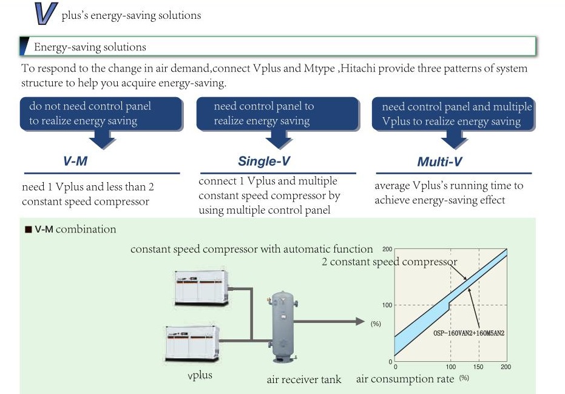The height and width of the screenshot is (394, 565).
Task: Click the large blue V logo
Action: point(46,14)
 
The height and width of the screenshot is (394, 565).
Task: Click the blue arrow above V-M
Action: point(100,139)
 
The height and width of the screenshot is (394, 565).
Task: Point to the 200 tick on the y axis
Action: point(387,250)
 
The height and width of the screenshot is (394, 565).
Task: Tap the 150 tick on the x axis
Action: point(479,367)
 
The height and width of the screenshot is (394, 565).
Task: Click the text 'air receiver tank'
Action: point(304,380)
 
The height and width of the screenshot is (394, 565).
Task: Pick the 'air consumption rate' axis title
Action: point(405,379)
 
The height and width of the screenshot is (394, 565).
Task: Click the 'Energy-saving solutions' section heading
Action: point(90,47)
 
